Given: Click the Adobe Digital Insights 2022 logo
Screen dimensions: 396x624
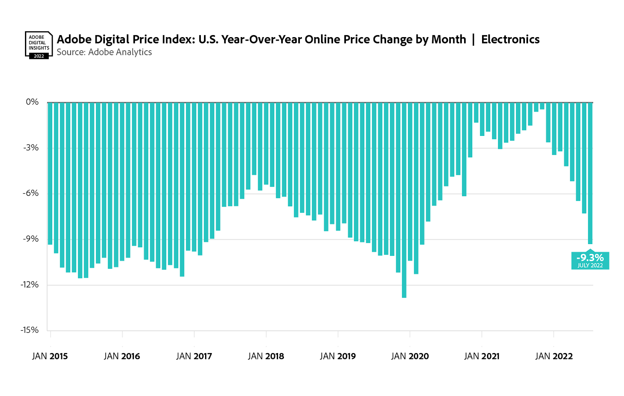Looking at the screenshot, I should point(39,45).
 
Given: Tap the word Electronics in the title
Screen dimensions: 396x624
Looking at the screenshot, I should point(510,39).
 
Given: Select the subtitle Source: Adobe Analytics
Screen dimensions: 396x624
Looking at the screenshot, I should point(104,52).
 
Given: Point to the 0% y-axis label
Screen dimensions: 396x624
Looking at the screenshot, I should point(32,102).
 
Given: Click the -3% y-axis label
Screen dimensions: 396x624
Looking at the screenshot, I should point(31,148).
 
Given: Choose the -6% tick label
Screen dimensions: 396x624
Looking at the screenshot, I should point(31,193).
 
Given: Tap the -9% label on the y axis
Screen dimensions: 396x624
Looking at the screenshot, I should point(31,239).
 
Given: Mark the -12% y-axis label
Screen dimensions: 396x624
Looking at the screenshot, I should point(30,284).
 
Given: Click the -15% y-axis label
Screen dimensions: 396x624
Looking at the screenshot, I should point(30,330).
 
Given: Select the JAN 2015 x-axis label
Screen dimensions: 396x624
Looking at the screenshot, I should point(50,356).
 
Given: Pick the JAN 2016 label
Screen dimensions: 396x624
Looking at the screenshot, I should point(122,356).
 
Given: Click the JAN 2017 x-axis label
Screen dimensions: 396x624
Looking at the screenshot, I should point(194,356).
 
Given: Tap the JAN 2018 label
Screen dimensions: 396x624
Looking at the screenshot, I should point(266,356).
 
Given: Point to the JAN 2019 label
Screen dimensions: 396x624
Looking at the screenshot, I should point(338,356).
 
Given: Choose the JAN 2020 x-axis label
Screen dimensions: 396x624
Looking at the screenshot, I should point(410,356).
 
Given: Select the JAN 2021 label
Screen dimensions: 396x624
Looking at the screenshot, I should point(482,356).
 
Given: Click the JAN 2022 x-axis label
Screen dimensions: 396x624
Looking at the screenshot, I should point(554,356).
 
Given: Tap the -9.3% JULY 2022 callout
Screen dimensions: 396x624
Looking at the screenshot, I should point(590,260).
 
